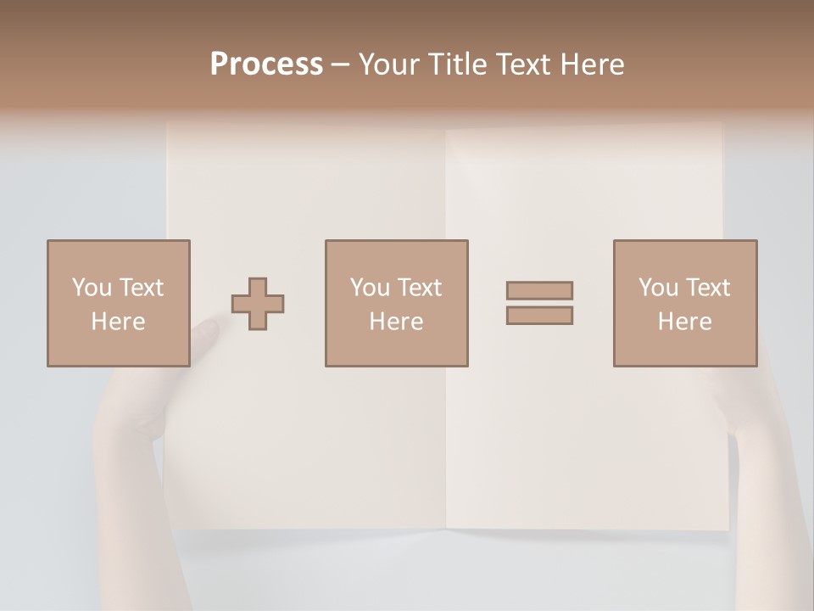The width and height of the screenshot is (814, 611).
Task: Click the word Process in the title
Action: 266,64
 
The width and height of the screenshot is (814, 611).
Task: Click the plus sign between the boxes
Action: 258,304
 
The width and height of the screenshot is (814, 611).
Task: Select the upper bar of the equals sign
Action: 539,290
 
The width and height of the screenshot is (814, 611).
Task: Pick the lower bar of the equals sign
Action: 539,315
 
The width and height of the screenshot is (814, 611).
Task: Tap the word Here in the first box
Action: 118,322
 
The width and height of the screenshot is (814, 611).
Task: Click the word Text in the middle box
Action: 419,288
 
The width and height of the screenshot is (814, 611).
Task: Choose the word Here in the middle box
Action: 396,322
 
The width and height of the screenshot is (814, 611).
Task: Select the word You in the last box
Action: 657,288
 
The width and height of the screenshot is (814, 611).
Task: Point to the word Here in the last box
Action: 684,322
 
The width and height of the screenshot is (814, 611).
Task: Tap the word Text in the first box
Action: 141,288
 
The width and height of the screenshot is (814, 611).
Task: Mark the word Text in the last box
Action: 707,288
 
